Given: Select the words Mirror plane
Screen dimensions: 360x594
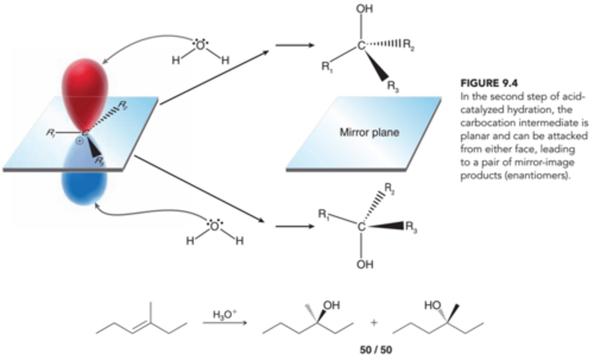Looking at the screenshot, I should tap(369, 133).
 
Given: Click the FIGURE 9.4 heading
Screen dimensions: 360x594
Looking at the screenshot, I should tap(489, 83).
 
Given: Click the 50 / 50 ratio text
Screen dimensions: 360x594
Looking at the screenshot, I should tap(375, 350).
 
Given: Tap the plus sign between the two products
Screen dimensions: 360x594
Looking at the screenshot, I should tap(374, 322).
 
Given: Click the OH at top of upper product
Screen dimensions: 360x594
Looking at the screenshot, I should tap(364, 9).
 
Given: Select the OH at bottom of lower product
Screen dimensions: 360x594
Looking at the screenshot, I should tap(365, 264).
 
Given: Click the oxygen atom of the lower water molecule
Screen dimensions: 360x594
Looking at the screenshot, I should tap(214, 226).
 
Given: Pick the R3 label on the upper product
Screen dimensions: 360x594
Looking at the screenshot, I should tap(392, 86).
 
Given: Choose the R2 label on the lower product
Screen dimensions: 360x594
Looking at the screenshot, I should tap(389, 189).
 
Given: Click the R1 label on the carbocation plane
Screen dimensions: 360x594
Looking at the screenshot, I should tap(51, 133).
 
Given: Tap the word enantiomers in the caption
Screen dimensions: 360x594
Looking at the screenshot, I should tap(533, 175).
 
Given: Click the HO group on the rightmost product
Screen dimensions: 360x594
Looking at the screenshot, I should tap(432, 306).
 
